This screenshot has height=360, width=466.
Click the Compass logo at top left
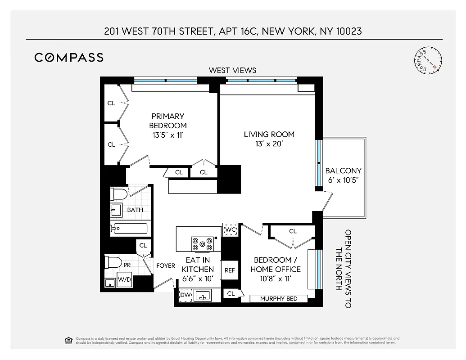click(69, 57)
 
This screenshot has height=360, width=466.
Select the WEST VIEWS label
click(232, 70)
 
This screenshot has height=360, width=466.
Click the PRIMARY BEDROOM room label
click(168, 121)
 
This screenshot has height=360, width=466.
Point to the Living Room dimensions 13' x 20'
click(269, 144)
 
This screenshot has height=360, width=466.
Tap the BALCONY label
click(343, 171)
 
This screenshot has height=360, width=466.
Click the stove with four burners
click(203, 243)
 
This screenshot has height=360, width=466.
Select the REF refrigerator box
click(230, 270)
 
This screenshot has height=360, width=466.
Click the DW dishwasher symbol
click(185, 295)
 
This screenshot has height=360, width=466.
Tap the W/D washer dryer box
click(124, 279)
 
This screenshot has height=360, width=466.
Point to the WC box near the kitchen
click(231, 230)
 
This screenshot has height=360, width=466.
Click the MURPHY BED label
click(279, 298)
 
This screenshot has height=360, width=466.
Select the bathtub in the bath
click(130, 229)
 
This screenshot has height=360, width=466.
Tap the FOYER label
click(165, 265)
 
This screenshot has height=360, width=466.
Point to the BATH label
click(135, 210)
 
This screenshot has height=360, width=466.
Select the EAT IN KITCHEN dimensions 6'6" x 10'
click(198, 279)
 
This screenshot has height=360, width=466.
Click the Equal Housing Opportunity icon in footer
click(68, 340)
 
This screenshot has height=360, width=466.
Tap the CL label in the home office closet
click(293, 231)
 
